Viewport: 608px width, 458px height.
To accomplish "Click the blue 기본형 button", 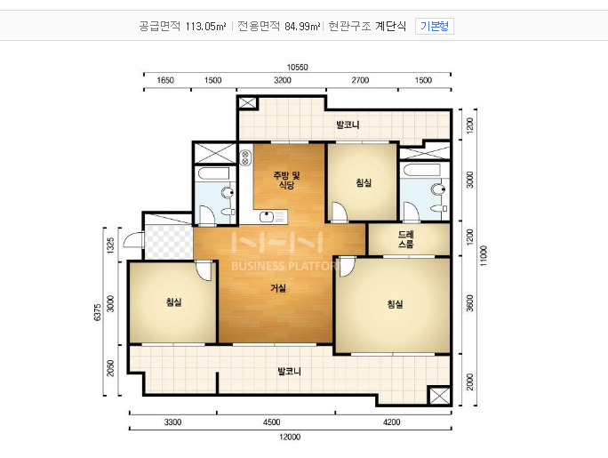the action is tap(435, 26).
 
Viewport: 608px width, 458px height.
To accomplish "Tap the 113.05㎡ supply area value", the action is tap(206, 27).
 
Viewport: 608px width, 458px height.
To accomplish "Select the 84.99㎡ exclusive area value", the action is tap(303, 27).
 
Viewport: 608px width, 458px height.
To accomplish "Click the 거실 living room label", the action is tap(278, 288).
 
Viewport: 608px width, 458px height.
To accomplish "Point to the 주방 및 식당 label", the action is tap(286, 180).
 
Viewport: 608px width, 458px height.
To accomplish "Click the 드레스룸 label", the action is tap(406, 239).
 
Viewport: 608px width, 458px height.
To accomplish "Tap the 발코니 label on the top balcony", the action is tap(348, 125).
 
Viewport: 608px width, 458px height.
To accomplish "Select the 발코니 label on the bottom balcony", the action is tap(289, 372).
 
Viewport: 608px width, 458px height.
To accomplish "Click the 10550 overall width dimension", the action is tap(298, 67).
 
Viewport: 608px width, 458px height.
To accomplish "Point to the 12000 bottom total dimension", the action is tap(290, 437).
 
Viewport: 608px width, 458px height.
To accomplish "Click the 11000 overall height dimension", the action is tap(484, 256).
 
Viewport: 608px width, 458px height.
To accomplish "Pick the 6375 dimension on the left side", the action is tap(97, 312).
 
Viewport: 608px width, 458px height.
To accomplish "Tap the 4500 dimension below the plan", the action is tap(271, 422).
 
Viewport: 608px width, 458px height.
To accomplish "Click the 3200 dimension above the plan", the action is tap(283, 80).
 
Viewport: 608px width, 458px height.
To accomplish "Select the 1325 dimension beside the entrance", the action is tap(111, 245).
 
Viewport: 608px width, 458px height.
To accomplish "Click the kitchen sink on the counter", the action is tap(267, 217).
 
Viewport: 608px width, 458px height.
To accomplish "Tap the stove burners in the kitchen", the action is tap(245, 157).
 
